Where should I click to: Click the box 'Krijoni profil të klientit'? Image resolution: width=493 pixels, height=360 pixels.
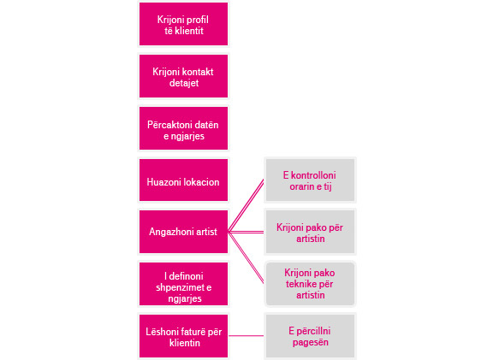(183, 24)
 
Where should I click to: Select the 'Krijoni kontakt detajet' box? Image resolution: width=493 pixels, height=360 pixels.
(183, 76)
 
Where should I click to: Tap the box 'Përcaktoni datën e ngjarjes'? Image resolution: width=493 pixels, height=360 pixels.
(183, 128)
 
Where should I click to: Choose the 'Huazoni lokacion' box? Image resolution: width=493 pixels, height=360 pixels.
(183, 180)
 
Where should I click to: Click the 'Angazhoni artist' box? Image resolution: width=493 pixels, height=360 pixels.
(183, 232)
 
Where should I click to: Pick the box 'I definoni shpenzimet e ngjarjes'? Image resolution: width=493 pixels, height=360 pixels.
(183, 284)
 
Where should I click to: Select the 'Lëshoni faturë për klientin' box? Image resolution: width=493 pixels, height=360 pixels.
(183, 336)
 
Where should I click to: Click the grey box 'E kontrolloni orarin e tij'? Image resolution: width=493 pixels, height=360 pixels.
(310, 180)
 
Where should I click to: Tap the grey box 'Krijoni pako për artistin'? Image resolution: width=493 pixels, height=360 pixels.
(310, 232)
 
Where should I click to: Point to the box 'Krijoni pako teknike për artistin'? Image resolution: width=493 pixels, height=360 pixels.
(310, 284)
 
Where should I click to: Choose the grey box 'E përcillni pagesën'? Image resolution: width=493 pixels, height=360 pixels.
(310, 336)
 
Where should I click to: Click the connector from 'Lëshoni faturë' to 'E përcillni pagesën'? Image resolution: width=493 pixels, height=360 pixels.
(246, 336)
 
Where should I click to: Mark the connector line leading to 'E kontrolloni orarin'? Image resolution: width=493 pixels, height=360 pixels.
(246, 206)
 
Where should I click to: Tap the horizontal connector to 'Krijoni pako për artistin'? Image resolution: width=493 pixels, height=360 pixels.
(246, 232)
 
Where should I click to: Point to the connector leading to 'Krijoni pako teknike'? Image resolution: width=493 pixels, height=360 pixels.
(246, 258)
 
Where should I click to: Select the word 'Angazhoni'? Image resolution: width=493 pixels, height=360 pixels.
(167, 232)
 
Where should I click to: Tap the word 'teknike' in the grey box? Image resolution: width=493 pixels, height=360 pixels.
(301, 284)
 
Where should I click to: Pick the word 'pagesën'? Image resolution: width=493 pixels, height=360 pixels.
(311, 342)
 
